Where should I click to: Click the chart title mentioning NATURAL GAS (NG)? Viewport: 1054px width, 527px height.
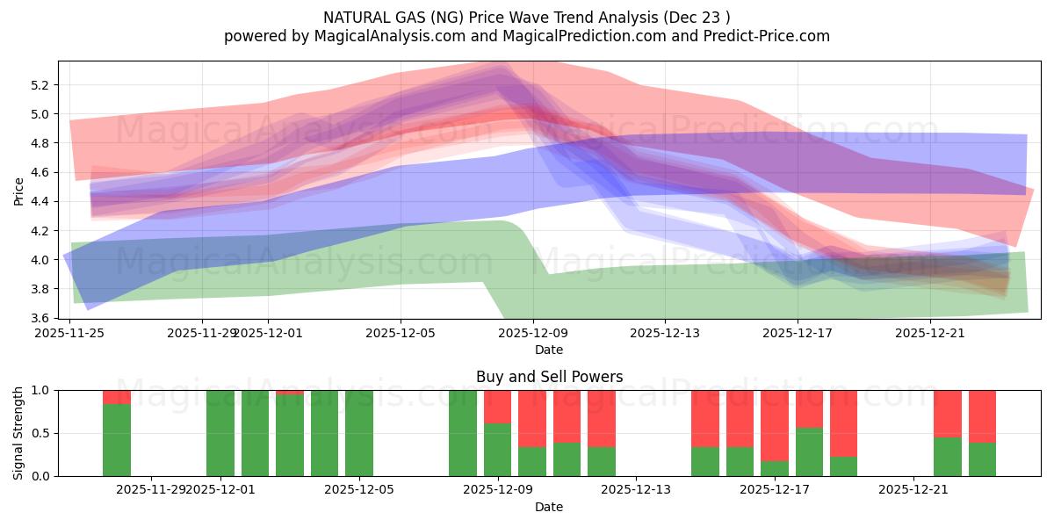tap(526, 18)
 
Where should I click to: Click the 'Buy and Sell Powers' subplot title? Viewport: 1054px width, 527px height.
tap(549, 377)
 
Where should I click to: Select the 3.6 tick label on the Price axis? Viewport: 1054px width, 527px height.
tap(39, 318)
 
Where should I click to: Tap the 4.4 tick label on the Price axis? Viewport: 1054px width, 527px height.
tap(39, 201)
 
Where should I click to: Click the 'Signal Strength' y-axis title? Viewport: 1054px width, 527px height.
tap(19, 433)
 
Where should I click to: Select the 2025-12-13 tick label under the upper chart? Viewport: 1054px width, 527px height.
tap(664, 333)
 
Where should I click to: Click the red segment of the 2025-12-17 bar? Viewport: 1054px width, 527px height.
tap(775, 423)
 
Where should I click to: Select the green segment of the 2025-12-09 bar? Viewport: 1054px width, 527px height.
tap(497, 450)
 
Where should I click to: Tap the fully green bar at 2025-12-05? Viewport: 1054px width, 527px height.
tap(359, 433)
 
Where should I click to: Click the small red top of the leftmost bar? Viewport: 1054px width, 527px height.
tap(117, 397)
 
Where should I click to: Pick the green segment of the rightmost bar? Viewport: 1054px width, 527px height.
tap(982, 459)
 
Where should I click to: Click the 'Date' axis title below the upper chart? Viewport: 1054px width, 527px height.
tap(549, 350)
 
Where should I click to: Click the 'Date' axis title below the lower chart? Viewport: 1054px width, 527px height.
tap(549, 507)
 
